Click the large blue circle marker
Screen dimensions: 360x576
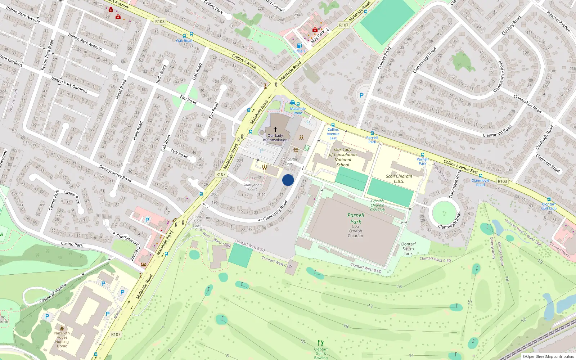click(x=288, y=180)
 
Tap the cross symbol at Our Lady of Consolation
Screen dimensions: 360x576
click(x=275, y=129)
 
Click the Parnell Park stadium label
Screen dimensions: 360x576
click(x=356, y=219)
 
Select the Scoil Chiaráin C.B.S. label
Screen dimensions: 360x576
click(x=399, y=179)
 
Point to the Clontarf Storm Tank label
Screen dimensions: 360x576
click(x=408, y=249)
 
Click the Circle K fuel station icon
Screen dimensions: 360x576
click(x=299, y=46)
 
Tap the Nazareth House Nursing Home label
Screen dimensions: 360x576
click(x=62, y=339)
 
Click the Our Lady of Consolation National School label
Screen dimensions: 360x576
click(x=343, y=157)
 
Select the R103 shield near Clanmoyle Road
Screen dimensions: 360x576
click(x=502, y=181)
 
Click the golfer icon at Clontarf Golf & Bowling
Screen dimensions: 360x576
click(x=321, y=343)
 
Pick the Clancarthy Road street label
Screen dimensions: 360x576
click(x=275, y=211)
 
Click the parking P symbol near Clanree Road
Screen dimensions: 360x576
click(x=361, y=95)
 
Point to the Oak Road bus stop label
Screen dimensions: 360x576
click(x=184, y=41)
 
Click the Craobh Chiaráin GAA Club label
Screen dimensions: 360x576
click(x=378, y=205)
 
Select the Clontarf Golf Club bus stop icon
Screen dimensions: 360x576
click(x=549, y=199)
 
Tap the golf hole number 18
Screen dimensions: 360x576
click(x=346, y=326)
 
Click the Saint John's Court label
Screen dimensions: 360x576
click(x=252, y=187)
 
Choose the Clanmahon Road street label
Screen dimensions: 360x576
click(x=527, y=104)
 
